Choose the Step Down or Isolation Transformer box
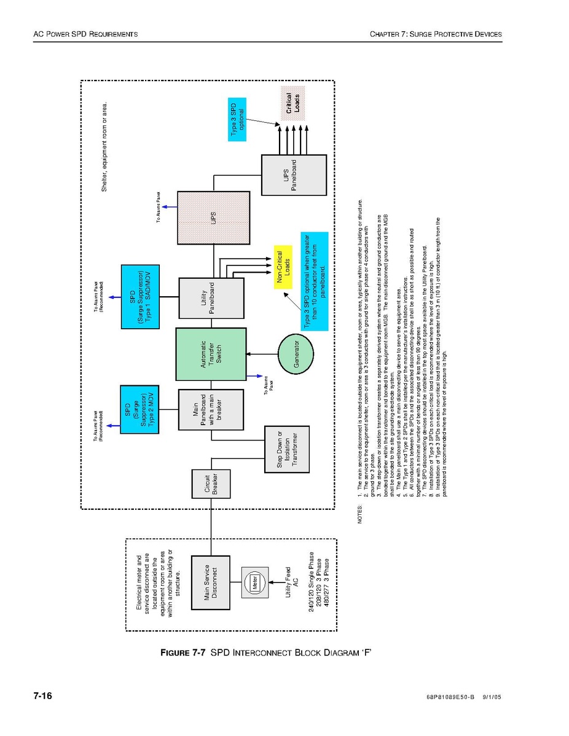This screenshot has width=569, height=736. pyautogui.click(x=286, y=449)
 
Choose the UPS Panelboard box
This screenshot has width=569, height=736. pyautogui.click(x=294, y=175)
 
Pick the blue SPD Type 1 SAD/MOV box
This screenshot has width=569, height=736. pyautogui.click(x=141, y=297)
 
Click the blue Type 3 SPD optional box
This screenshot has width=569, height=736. pyautogui.click(x=237, y=119)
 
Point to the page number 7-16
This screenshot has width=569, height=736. pyautogui.click(x=42, y=696)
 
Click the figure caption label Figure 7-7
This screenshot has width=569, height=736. pyautogui.click(x=183, y=652)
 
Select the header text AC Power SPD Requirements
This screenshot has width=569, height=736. pyautogui.click(x=85, y=34)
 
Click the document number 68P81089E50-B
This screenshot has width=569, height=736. pyautogui.click(x=450, y=697)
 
